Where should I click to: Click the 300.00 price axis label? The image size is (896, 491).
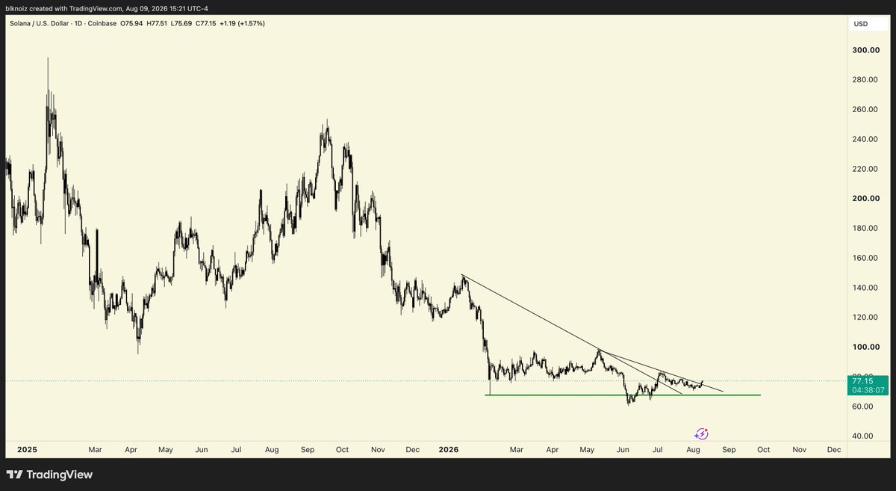coord(866,50)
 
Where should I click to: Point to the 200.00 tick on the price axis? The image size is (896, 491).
coord(866,198)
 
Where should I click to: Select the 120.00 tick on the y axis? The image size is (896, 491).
coord(865,317)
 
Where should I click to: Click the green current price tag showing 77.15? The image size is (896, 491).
coord(868,386)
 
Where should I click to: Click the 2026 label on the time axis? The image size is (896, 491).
coord(449,449)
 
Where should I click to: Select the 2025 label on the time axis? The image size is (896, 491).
coord(27,449)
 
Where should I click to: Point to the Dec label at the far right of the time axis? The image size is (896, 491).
coord(834,449)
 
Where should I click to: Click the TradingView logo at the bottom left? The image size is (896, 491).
coord(49,475)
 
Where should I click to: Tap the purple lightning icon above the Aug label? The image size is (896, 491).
coord(701,433)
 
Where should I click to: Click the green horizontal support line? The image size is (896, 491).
coord(623,395)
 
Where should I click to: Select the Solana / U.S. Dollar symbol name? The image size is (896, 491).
coord(39,24)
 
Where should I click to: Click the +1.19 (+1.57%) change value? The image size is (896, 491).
coord(243,24)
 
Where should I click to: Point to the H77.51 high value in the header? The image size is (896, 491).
coord(157,24)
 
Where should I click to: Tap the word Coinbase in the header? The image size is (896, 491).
coord(102,24)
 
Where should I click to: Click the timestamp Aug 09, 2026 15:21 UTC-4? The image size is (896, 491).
coord(167,8)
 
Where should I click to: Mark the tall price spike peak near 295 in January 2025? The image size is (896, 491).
coord(48,58)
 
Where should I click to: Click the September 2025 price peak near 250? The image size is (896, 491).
coord(327,120)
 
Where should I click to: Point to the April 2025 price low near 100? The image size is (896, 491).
coord(138,353)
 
